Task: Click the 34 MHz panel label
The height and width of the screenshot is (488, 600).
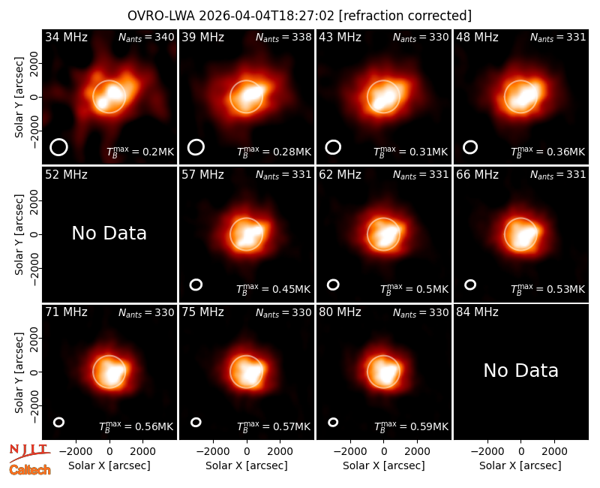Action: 66,37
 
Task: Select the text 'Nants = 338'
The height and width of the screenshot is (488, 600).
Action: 283,37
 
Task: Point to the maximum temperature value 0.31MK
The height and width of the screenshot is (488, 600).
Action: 428,152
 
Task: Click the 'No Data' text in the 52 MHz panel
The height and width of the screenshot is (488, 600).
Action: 109,233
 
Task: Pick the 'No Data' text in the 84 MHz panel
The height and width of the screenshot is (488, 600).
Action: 520,370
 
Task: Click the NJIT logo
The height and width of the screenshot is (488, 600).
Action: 30,452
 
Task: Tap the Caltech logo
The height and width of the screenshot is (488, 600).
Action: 30,470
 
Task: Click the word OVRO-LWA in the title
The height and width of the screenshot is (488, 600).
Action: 161,16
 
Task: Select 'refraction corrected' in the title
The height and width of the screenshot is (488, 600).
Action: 405,16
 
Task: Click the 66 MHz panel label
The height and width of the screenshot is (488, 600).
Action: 477,175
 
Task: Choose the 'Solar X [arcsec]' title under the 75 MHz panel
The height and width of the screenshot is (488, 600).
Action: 247,465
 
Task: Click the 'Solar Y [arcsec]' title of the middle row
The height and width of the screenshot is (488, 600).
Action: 19,234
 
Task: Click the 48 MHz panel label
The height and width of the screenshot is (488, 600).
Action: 477,37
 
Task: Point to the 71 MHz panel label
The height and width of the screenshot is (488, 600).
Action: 66,312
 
